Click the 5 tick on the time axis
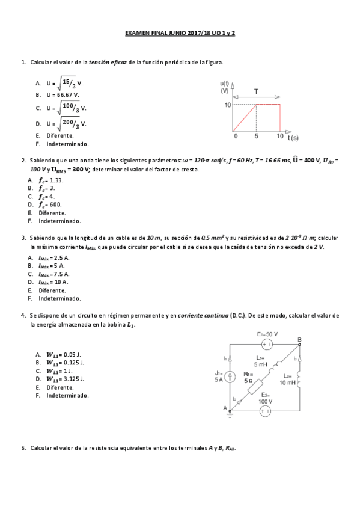coord(257,137)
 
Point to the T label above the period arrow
coord(257,92)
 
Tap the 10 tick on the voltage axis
coord(227,105)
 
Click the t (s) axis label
coord(293,138)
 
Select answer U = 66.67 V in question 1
coord(63,95)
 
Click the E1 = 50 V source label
coord(267,334)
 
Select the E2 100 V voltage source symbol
coord(266,411)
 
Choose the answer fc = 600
coord(50,204)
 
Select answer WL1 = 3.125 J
coord(65,379)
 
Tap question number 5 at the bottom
coord(23,448)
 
